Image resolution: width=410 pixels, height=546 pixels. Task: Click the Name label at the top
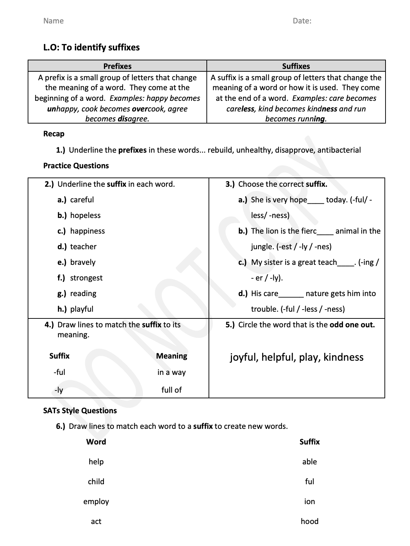[53, 21]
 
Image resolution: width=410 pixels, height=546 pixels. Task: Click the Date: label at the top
[302, 21]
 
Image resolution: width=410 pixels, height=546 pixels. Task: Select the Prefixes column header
[117, 66]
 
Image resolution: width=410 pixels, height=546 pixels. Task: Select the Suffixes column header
[296, 66]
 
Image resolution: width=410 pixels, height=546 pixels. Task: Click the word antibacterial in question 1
[339, 150]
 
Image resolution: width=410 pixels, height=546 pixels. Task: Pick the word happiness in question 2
[88, 231]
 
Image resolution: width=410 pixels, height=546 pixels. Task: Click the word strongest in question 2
[86, 278]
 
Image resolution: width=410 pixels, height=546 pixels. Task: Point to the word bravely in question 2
[83, 262]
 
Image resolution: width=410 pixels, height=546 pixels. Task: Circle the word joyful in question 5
[244, 357]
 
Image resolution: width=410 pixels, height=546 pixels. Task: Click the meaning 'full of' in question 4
[171, 390]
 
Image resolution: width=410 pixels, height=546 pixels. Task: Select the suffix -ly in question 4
[59, 390]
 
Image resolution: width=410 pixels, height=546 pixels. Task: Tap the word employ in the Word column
[96, 502]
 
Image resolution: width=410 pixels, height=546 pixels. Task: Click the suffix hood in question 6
[309, 522]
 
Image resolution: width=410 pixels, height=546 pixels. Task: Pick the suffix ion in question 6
[309, 502]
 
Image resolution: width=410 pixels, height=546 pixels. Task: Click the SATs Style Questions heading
[80, 411]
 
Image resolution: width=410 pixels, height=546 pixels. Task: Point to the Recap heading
[54, 134]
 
